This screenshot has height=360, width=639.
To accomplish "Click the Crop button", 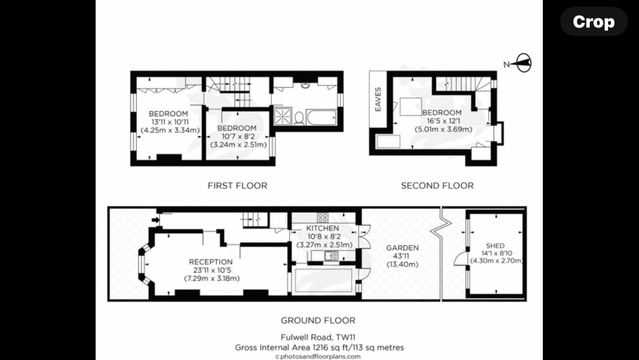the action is pyautogui.click(x=593, y=21).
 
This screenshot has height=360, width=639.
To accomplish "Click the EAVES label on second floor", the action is pyautogui.click(x=378, y=99).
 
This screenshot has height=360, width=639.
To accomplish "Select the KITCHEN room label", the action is pyautogui.click(x=322, y=228).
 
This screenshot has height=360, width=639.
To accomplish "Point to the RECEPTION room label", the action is pyautogui.click(x=211, y=262).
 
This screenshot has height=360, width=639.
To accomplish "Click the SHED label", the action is pyautogui.click(x=495, y=246).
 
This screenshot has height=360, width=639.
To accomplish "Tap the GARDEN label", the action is pyautogui.click(x=402, y=248).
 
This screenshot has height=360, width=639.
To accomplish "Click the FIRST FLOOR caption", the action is pyautogui.click(x=237, y=186).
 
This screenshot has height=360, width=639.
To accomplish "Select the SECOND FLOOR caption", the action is pyautogui.click(x=437, y=186).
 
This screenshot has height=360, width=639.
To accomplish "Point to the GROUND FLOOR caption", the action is pyautogui.click(x=318, y=321).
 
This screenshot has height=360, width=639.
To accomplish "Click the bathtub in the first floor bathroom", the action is pyautogui.click(x=322, y=118).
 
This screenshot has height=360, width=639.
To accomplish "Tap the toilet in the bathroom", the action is pyautogui.click(x=299, y=118).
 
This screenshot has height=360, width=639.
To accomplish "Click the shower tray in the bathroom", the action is pyautogui.click(x=282, y=116).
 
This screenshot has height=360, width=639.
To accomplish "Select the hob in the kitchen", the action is pyautogui.click(x=322, y=217).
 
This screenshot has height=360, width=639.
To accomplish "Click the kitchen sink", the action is pyautogui.click(x=331, y=256).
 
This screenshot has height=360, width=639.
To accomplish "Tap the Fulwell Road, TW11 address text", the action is pyautogui.click(x=318, y=337).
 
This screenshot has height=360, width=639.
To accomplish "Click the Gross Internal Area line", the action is pyautogui.click(x=319, y=348).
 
